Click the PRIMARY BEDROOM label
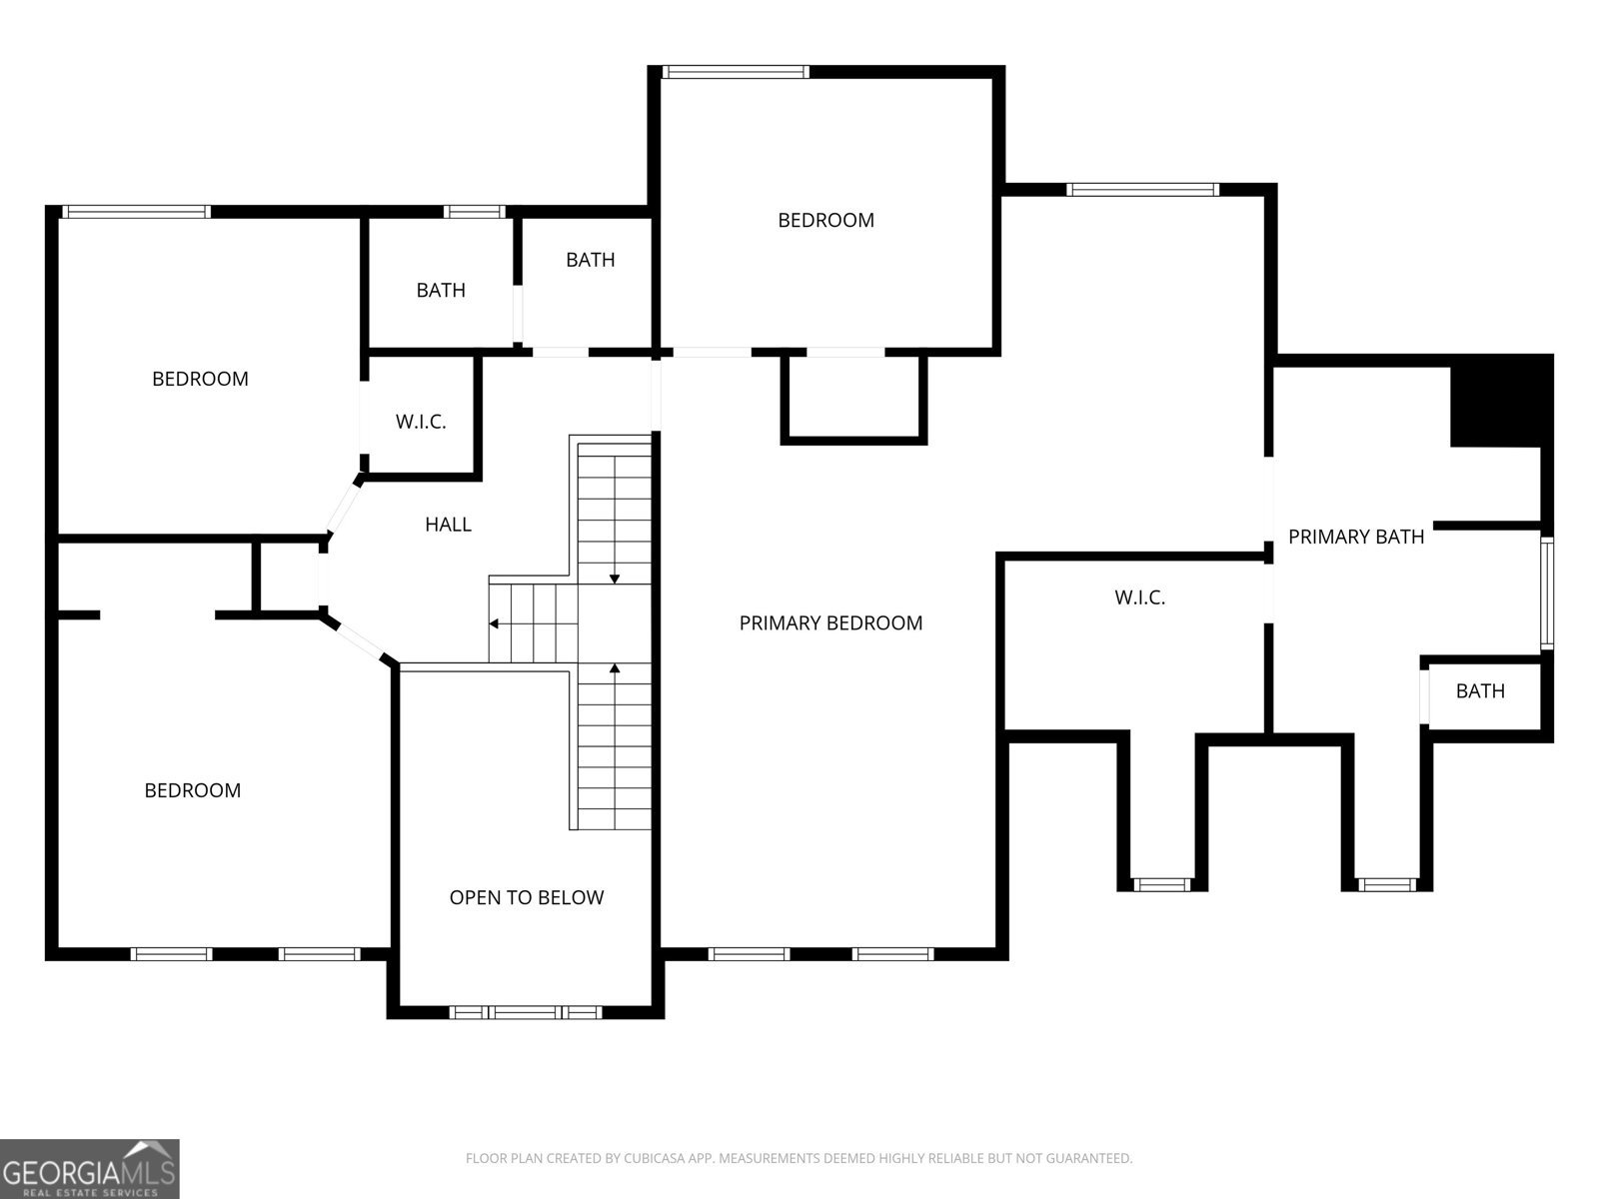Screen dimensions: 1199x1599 pos(830,623)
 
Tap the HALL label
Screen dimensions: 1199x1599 pos(448,525)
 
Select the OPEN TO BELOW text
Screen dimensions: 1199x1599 pos(526,897)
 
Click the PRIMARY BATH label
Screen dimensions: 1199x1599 pos(1355,537)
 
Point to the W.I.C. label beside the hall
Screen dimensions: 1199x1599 pos(421,422)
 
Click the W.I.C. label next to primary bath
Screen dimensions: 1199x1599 pos(1139,598)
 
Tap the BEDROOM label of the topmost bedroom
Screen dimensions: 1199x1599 pos(825,220)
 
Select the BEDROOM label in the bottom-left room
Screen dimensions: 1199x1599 pos(192,790)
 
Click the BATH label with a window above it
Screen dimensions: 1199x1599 pos(441,290)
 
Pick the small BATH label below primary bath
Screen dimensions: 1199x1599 pos(1479,690)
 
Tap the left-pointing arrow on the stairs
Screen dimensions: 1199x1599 pos(495,623)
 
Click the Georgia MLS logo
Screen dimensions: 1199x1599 pos(90,1169)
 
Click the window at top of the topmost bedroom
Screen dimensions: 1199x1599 pos(735,72)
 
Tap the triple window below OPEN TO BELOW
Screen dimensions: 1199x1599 pos(526,1012)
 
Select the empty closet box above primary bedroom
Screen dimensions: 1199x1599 pos(853,397)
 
